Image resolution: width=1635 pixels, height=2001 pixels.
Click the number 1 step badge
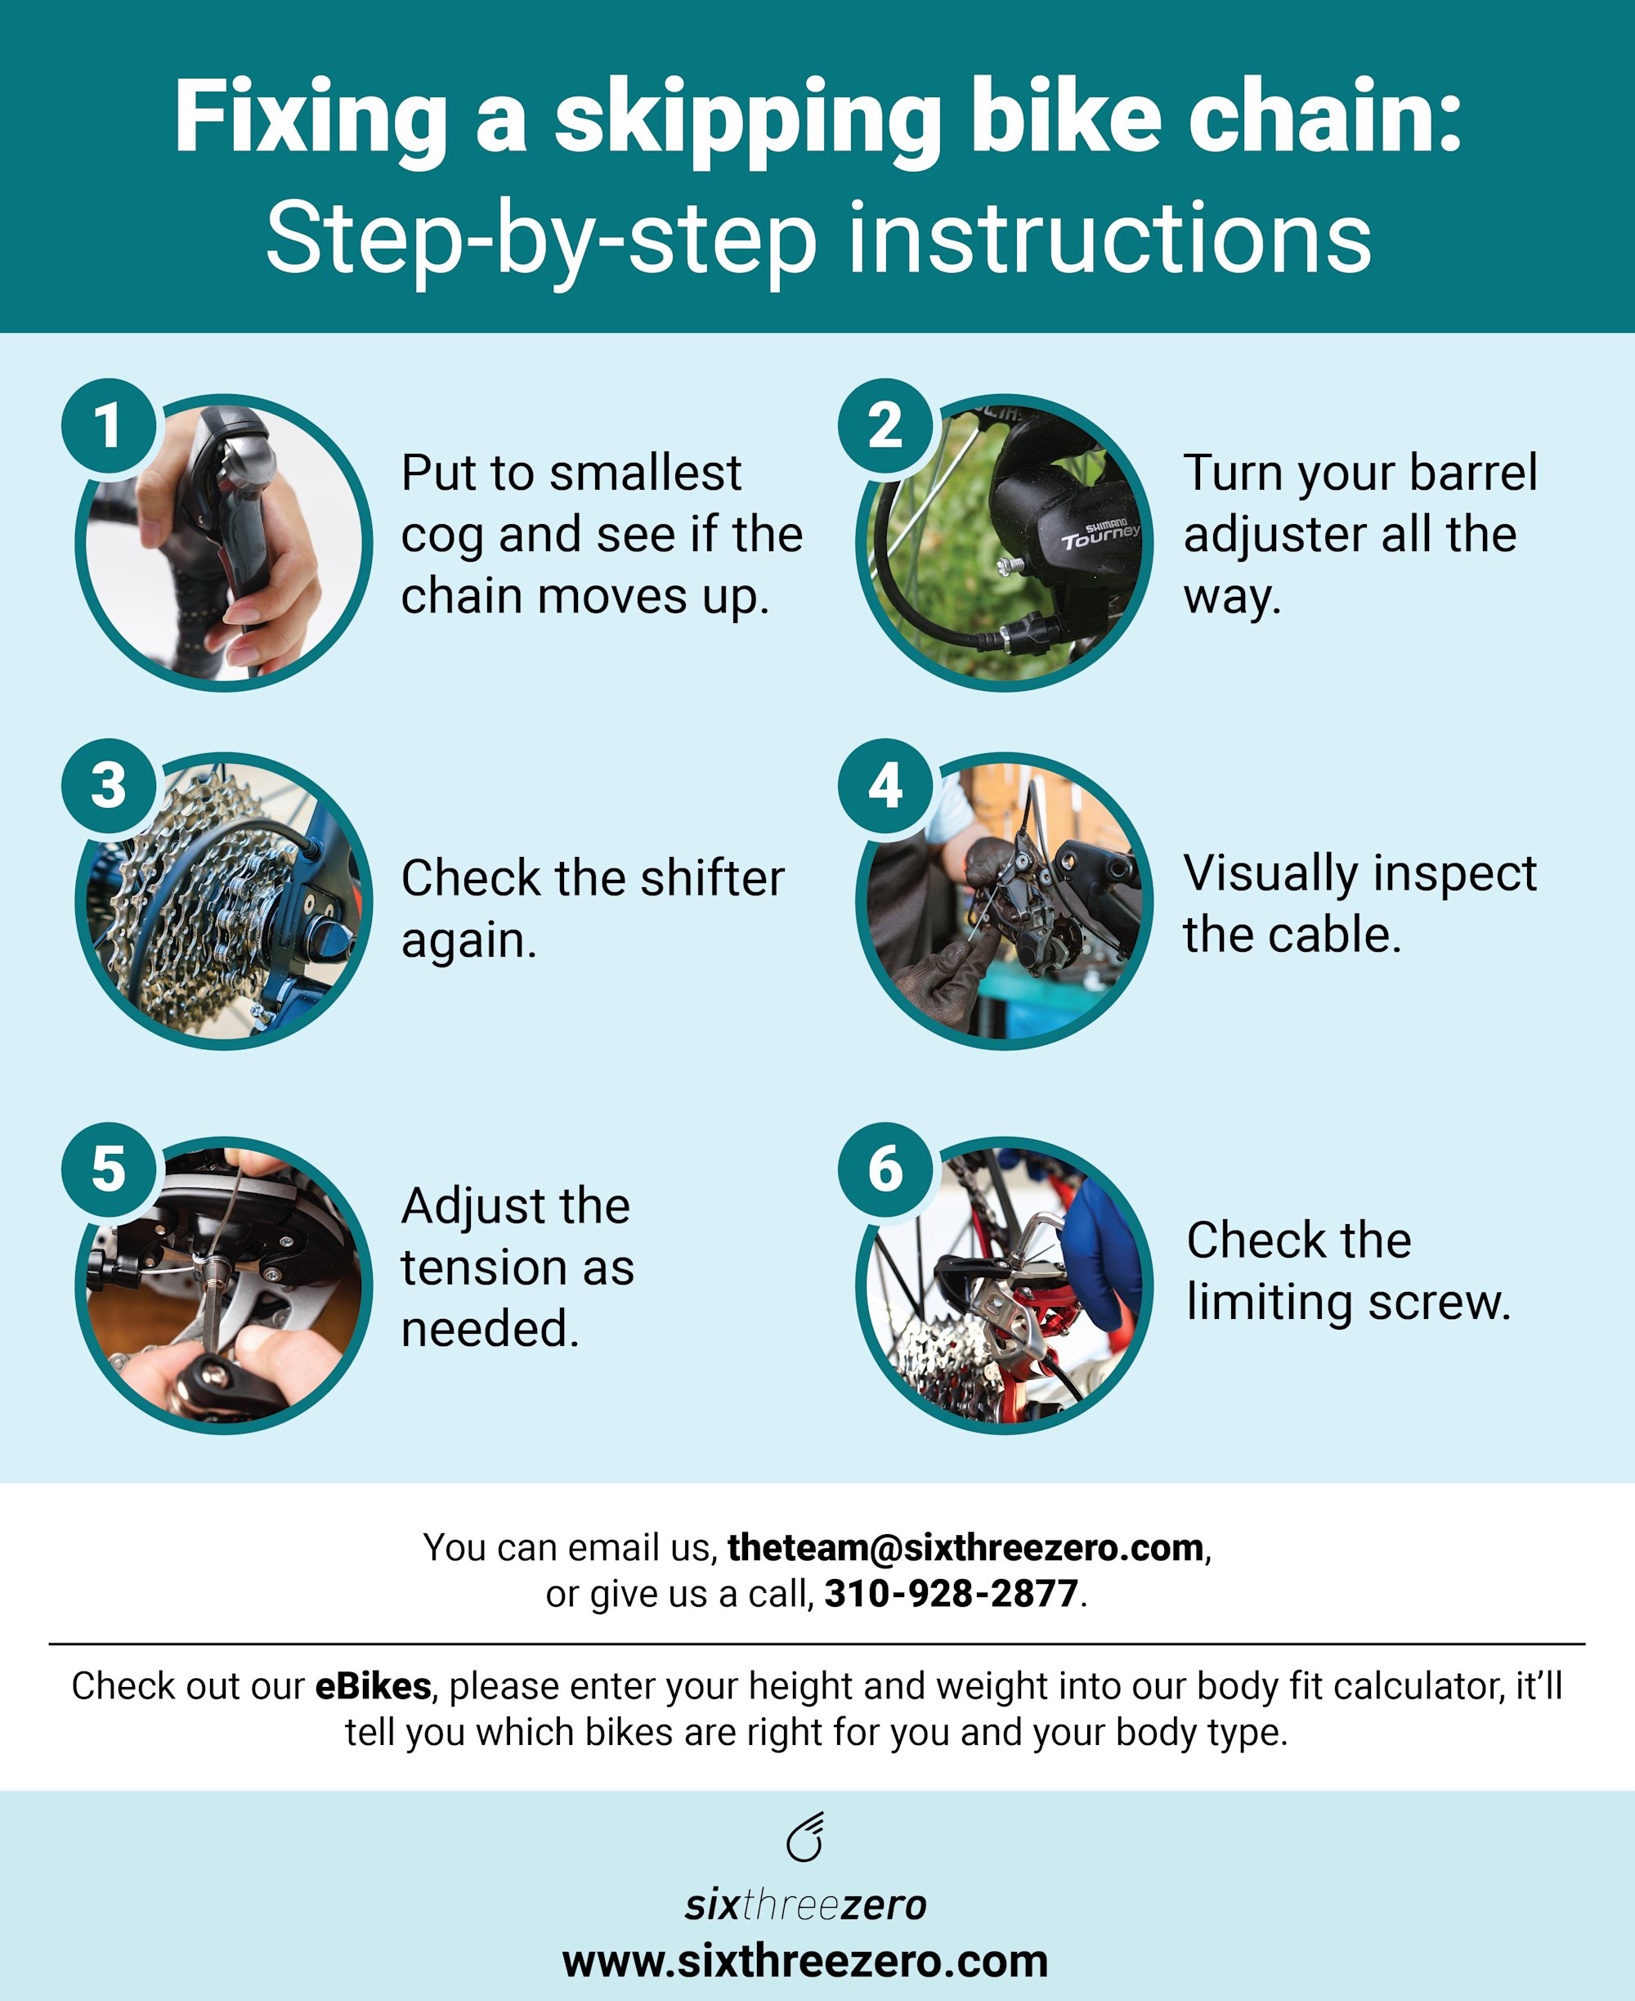click(x=108, y=426)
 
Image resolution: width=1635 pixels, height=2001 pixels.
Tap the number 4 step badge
click(x=885, y=786)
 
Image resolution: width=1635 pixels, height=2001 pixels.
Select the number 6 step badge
click(x=885, y=1170)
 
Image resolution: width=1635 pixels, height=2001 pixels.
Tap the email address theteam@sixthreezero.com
click(x=965, y=1548)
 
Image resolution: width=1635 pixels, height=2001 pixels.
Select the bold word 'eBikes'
click(x=373, y=1685)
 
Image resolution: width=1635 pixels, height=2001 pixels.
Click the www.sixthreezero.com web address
click(x=805, y=1962)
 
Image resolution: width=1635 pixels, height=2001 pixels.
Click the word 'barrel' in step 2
click(x=1473, y=473)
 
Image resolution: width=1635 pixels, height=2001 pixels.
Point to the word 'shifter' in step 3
click(x=712, y=878)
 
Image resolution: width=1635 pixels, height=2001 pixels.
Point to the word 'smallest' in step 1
click(x=645, y=473)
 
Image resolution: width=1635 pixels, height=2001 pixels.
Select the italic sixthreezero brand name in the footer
click(x=805, y=1905)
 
